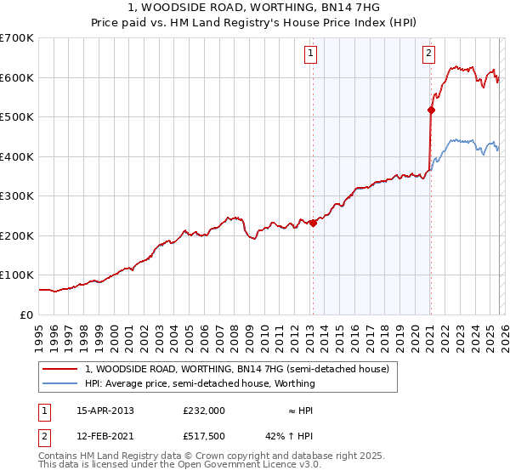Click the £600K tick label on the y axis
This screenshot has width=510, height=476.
pos(17,77)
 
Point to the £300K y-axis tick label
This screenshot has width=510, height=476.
pos(17,196)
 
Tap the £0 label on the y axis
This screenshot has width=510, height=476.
pos(27,314)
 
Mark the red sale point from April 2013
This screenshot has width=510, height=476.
pos(313,224)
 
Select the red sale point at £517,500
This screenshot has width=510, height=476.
pos(431,110)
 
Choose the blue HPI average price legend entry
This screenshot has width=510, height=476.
pos(200,383)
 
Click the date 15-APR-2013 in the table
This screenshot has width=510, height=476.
pos(105,410)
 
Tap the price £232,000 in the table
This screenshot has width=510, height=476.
pos(204,410)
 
